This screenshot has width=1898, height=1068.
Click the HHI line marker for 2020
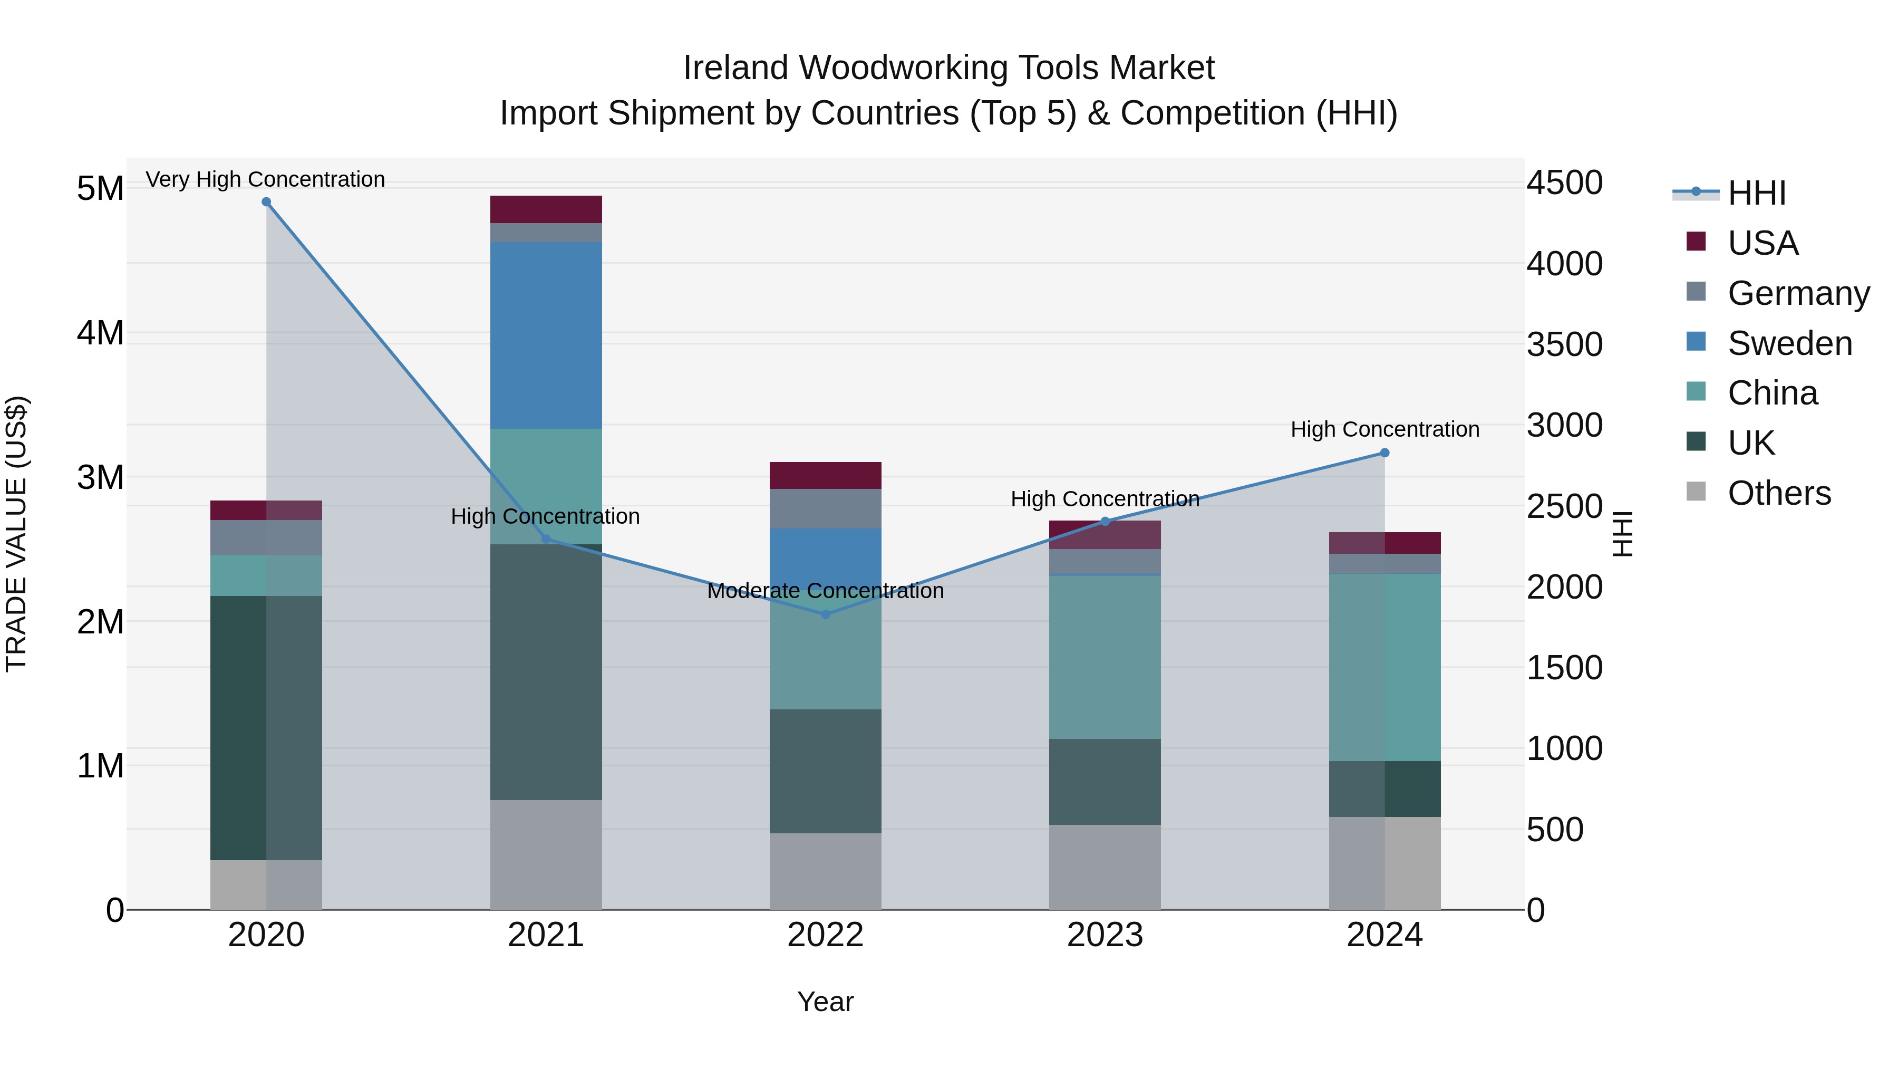coord(266,202)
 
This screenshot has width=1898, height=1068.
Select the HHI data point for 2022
coord(825,614)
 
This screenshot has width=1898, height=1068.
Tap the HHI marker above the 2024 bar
coord(1384,453)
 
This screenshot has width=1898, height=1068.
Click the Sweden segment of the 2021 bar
coord(546,335)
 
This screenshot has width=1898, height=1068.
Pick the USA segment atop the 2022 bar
coord(825,475)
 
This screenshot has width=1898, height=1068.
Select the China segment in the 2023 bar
coord(1105,657)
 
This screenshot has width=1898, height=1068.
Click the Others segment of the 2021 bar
coord(546,854)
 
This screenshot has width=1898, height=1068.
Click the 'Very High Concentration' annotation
coord(265,179)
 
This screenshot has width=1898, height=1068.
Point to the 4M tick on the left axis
coord(100,333)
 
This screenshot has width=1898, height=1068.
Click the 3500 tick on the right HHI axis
coord(1564,345)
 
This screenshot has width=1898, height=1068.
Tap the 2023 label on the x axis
coord(1105,935)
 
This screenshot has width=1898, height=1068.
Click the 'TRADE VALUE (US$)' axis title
coord(17,534)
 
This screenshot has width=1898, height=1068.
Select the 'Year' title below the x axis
coord(825,1002)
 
